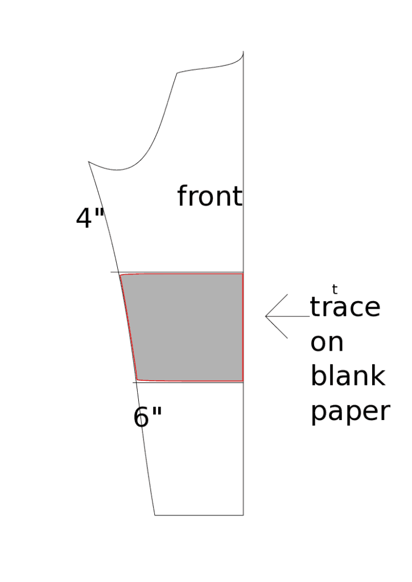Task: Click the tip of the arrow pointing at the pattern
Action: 266,316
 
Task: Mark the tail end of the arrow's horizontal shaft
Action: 310,316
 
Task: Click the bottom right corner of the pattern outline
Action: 244,515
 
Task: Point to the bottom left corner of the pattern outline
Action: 155,515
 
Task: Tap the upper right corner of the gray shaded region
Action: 242,274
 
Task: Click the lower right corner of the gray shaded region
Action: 242,381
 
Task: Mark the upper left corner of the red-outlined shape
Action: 121,275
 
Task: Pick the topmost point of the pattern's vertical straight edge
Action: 244,51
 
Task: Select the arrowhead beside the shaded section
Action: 277,316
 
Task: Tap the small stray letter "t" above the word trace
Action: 335,289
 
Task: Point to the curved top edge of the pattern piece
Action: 211,67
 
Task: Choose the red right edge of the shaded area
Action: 243,327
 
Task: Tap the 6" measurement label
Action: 148,417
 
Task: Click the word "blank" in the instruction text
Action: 348,376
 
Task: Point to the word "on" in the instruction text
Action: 327,343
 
